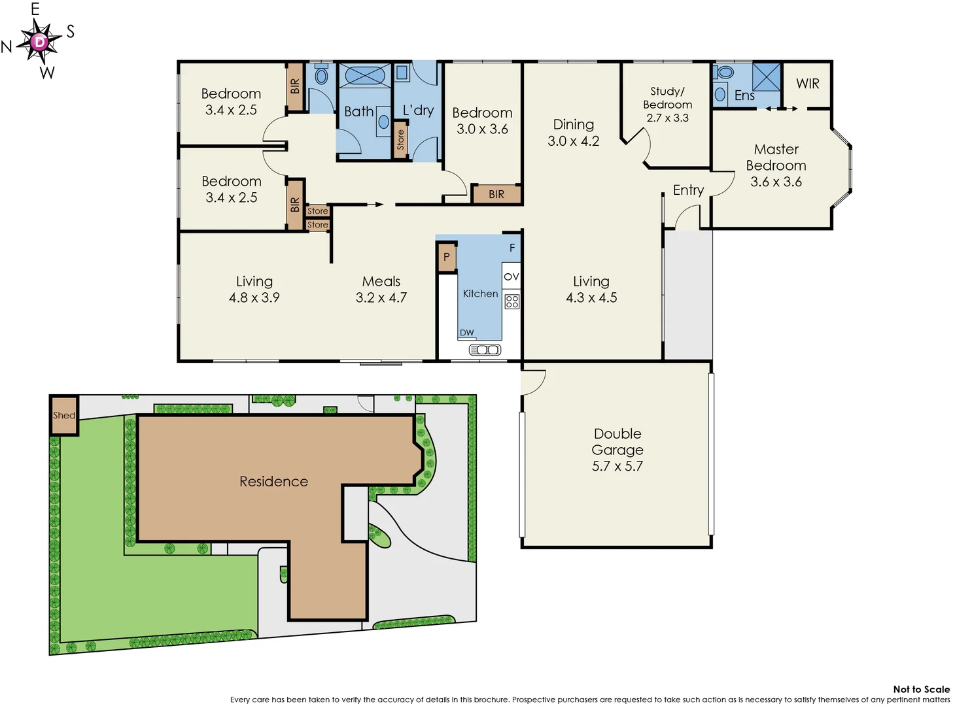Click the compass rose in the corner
click(40, 42)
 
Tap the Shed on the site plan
click(64, 415)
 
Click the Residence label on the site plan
click(273, 482)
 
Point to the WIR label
click(807, 84)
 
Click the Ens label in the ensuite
click(744, 95)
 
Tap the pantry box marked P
click(446, 257)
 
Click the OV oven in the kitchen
click(512, 277)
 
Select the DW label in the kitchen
click(466, 333)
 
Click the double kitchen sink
click(485, 350)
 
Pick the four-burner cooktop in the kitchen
click(512, 301)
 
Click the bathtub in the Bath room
click(364, 75)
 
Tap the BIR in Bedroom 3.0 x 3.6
click(496, 194)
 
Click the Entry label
click(688, 190)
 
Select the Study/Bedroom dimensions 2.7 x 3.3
click(667, 118)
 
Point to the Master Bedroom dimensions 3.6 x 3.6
click(776, 182)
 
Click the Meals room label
click(381, 281)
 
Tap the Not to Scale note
click(921, 689)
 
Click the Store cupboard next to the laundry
click(400, 139)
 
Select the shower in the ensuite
click(766, 76)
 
